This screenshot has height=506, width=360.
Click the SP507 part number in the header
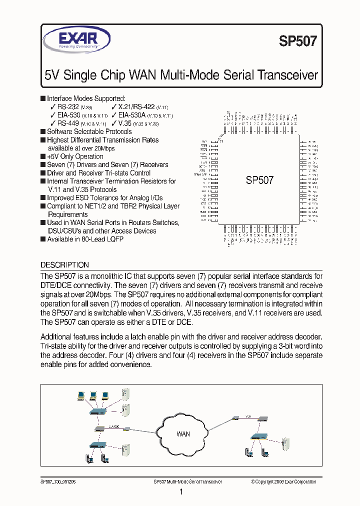pyautogui.click(x=297, y=41)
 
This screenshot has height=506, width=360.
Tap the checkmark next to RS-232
pyautogui.click(x=53, y=107)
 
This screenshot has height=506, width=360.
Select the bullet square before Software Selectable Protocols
pyautogui.click(x=43, y=131)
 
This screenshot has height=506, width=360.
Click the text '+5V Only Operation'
pyautogui.click(x=75, y=156)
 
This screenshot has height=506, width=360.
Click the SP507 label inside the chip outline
pyautogui.click(x=259, y=180)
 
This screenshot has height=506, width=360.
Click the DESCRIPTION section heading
pyautogui.click(x=64, y=265)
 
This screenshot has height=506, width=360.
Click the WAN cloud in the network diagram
pyautogui.click(x=183, y=433)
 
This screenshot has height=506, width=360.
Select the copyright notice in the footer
pyautogui.click(x=283, y=482)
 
